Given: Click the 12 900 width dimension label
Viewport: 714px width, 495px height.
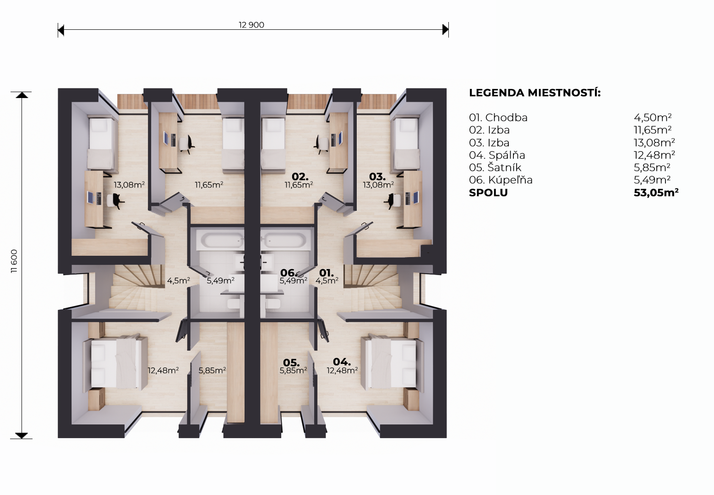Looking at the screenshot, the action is [251, 25].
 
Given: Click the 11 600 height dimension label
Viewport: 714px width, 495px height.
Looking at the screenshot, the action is [14, 261].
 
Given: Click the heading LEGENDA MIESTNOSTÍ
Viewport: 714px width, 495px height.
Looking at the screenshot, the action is [534, 93].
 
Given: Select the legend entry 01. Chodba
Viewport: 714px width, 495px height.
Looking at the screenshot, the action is [498, 117].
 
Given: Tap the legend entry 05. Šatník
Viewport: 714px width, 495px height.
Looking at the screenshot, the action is [495, 167].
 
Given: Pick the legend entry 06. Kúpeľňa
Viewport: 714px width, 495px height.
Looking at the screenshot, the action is [501, 180].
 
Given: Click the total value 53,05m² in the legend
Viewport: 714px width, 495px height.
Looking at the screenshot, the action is [656, 192].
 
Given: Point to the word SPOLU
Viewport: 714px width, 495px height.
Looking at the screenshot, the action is [488, 192].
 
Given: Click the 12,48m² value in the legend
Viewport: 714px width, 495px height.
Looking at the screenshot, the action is [654, 155].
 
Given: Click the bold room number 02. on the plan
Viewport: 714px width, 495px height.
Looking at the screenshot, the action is [300, 176].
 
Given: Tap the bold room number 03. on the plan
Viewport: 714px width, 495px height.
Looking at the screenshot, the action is [377, 176].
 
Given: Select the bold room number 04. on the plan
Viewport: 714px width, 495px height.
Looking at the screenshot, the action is [342, 362].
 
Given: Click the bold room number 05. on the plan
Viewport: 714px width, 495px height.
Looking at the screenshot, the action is [291, 363].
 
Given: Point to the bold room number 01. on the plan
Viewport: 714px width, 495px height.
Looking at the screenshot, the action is [327, 273].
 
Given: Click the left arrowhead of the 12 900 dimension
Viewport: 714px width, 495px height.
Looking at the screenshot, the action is [61, 30].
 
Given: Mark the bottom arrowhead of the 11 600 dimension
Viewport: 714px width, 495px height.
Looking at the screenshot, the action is [22, 435].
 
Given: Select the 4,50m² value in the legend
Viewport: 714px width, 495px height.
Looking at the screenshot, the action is [653, 117].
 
